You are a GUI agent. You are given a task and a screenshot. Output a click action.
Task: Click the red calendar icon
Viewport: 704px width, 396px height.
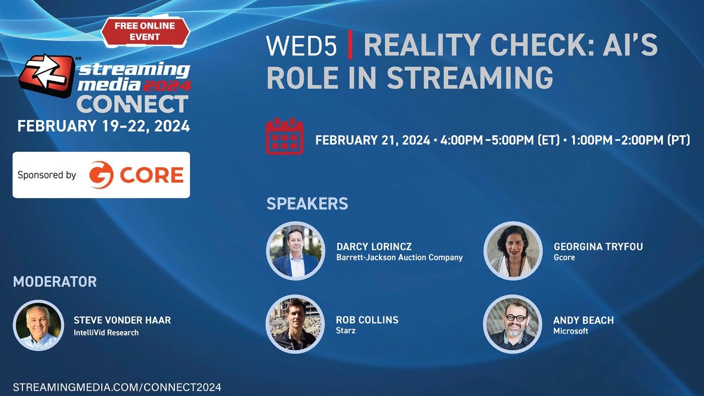point(284,136)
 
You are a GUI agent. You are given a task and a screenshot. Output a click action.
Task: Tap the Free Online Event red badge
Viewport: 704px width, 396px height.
point(145,31)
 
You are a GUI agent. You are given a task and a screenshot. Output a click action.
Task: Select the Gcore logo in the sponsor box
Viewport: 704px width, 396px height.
point(136,175)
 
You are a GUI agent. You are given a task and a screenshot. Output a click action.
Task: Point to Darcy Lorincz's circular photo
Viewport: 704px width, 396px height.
point(296,251)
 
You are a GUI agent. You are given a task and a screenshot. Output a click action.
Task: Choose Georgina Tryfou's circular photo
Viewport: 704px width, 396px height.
point(513,251)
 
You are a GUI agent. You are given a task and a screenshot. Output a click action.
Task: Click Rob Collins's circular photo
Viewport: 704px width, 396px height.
point(296,324)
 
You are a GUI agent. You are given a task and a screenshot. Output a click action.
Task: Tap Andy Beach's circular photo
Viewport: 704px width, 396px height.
point(513,324)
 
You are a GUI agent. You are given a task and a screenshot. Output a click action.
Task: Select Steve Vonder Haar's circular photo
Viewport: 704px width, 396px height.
point(38,326)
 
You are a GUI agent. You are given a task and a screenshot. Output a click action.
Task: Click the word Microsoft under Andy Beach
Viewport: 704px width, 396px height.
point(570,331)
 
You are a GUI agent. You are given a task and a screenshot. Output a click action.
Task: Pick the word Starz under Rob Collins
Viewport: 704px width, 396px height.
point(346,331)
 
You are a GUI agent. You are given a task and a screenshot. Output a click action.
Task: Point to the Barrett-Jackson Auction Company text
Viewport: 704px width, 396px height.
point(399,257)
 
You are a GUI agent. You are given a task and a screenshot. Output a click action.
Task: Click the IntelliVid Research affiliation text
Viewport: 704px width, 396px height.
point(106,332)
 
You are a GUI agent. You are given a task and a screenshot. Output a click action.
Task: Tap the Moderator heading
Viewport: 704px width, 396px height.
point(54,282)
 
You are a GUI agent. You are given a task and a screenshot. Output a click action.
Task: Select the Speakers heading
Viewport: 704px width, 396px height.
point(307,204)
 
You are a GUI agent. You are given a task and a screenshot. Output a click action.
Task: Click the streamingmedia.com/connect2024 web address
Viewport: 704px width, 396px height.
point(117,387)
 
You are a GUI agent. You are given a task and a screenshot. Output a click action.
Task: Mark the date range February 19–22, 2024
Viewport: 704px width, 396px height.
point(103,126)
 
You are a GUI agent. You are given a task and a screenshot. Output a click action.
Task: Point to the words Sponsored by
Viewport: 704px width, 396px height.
point(47,175)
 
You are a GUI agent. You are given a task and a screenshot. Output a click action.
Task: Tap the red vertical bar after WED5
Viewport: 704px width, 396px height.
point(350,47)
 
